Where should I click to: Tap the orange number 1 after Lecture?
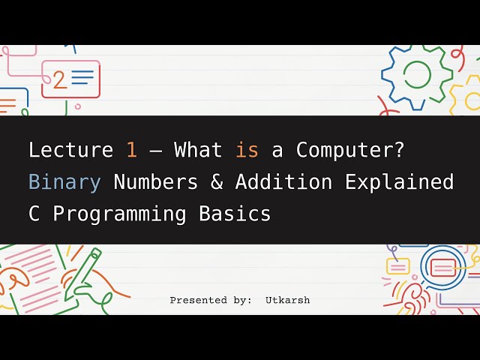132,150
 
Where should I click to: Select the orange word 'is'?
247,150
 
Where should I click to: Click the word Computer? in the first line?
350,150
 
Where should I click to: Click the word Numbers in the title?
156,182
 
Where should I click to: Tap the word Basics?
235,214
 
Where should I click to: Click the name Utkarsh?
287,300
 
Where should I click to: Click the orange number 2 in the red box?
59,79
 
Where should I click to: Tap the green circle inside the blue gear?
418,73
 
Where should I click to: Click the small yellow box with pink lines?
397,265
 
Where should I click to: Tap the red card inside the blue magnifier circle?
442,266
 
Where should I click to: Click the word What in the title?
198,150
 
